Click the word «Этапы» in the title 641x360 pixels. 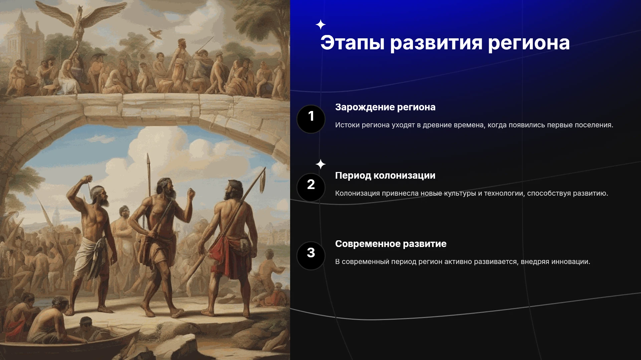352,43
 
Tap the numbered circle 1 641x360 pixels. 311,119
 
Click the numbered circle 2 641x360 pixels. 311,187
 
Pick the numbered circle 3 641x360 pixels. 311,256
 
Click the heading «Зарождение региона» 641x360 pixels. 385,107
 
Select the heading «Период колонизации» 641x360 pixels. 385,176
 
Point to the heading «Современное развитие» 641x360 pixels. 391,244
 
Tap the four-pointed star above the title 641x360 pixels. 320,25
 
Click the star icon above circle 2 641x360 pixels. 320,164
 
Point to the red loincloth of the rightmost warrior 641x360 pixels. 230,257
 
